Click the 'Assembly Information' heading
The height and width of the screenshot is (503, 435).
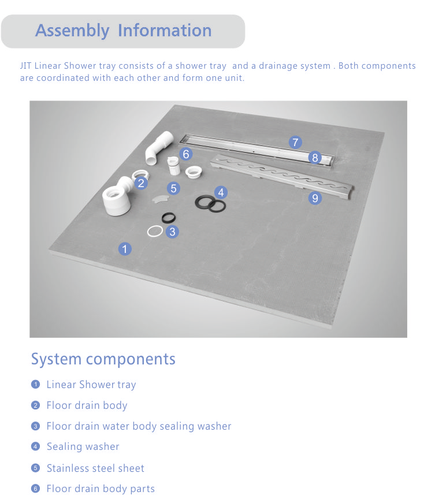point(123,31)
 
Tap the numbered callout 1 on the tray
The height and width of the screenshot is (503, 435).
point(125,249)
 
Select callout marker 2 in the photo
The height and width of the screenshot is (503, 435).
point(141,184)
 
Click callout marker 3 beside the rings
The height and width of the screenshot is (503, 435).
point(172,232)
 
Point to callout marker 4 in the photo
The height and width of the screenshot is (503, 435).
point(220,193)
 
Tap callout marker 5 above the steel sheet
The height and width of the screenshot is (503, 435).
point(173,188)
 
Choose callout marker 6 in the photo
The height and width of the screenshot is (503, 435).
point(185,154)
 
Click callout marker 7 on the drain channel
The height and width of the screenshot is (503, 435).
point(295,142)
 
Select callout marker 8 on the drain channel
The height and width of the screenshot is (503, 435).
point(315,158)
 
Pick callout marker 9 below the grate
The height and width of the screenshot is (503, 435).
point(315,198)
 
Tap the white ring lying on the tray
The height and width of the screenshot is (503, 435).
point(154,231)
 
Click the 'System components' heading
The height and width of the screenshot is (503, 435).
point(103,359)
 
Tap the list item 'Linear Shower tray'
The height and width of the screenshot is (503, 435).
point(91,385)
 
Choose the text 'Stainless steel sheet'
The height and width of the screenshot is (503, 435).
point(95,468)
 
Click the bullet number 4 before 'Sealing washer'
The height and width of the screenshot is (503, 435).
point(35,446)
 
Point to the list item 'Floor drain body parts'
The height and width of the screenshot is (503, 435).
point(101,489)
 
